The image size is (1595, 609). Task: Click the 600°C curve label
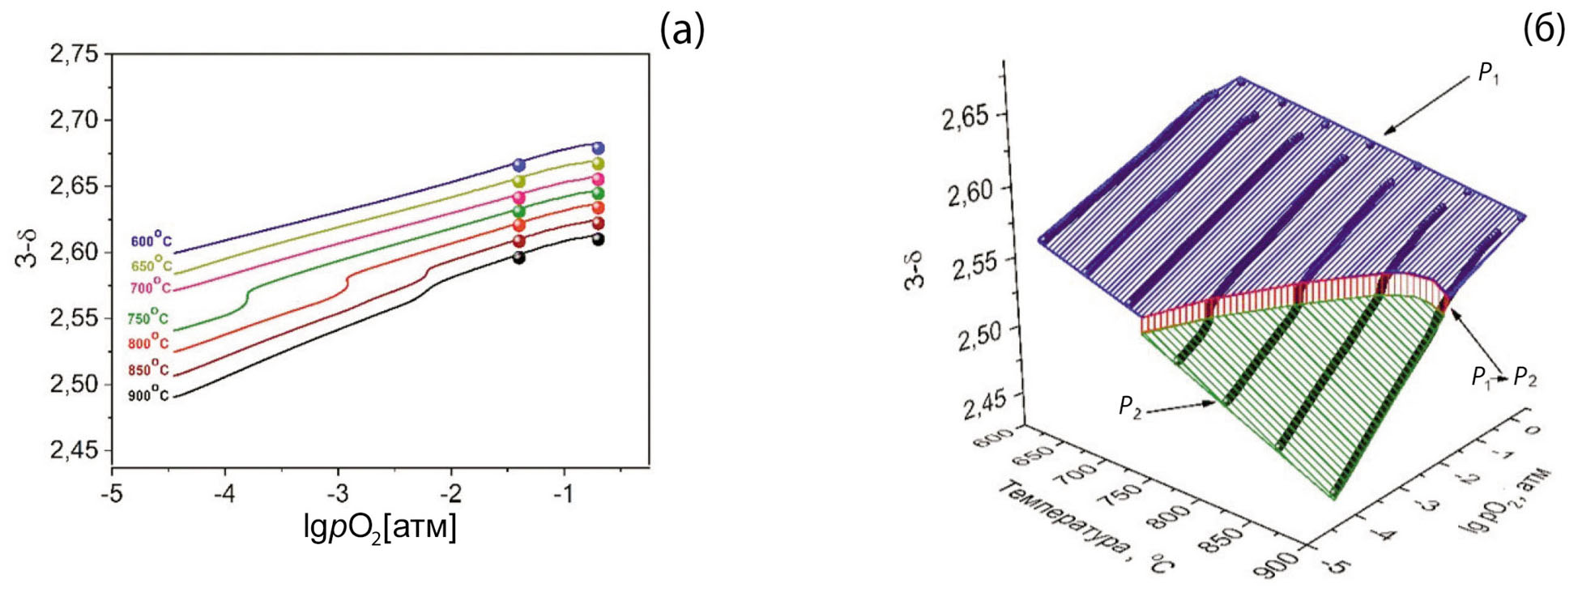pos(151,241)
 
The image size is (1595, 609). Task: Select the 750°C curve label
pos(147,317)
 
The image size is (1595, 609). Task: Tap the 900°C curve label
pos(147,395)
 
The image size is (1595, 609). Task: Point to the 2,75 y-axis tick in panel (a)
pos(74,54)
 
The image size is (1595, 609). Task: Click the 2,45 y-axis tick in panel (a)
pos(74,450)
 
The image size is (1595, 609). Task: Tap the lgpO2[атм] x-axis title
pos(380,527)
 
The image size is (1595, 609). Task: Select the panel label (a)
pos(682,31)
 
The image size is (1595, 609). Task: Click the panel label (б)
pos(1544,31)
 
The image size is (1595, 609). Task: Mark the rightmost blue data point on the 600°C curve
pos(598,148)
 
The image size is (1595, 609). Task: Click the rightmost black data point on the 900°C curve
pos(598,239)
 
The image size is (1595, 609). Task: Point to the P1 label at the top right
pos(1488,74)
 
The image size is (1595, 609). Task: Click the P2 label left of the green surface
pos(1129,407)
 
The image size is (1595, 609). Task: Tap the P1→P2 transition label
pos(1503,377)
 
